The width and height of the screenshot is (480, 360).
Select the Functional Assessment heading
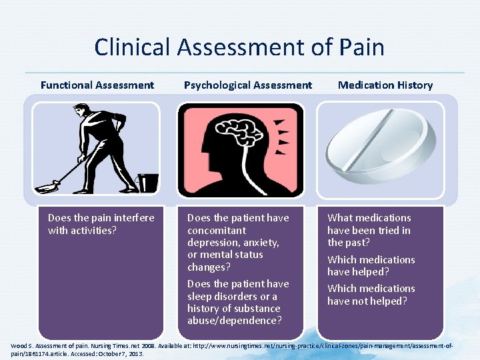[97, 85]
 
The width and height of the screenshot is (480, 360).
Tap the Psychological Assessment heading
[247, 85]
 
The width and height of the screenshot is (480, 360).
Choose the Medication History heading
[385, 85]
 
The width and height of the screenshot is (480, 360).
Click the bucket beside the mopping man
[148, 182]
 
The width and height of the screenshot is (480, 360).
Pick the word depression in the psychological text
[214, 243]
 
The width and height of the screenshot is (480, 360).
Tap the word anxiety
[262, 243]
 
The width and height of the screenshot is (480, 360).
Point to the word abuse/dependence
[234, 321]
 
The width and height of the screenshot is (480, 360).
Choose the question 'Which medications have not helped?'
[371, 295]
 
